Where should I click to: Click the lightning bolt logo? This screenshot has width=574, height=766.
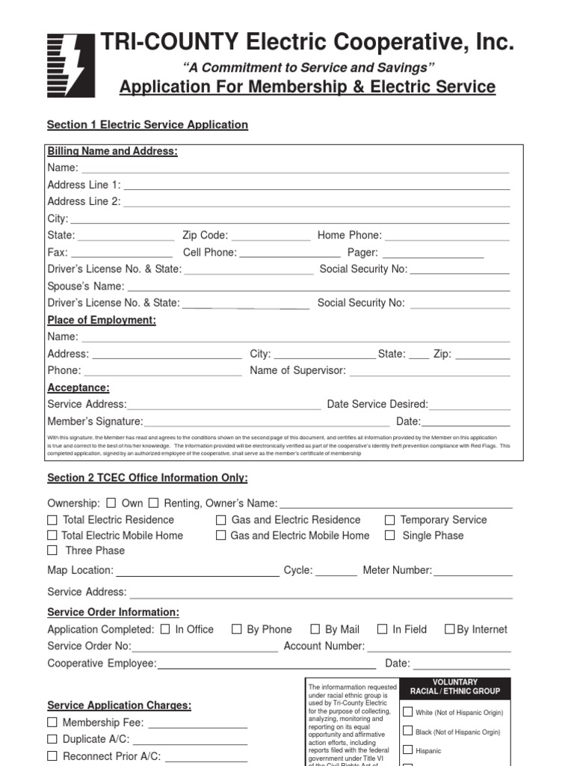coord(71,65)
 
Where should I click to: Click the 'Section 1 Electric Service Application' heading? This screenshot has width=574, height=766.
coord(147,125)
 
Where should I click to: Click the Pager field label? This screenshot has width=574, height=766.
coord(362,253)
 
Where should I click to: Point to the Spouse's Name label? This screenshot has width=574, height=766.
coord(85,287)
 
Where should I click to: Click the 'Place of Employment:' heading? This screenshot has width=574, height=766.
coord(102,320)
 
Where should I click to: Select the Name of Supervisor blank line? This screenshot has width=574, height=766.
coord(430,371)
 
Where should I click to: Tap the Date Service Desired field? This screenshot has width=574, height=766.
coord(469,405)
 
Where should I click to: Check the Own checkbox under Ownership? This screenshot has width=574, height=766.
coord(111,503)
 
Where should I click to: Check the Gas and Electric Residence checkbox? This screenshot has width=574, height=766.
coord(221,520)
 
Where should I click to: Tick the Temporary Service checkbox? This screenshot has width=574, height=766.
coord(389,520)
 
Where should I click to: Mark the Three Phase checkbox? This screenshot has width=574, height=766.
coord(52,551)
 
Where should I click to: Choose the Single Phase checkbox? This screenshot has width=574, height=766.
coord(389,536)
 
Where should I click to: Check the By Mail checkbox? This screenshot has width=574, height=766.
coord(315,630)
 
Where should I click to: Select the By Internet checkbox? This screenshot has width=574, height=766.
coord(449,630)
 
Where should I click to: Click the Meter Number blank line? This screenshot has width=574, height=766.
coord(472,572)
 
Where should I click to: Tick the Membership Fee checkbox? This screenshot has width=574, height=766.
coord(52,723)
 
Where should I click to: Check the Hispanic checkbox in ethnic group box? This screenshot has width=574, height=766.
coord(408,750)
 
